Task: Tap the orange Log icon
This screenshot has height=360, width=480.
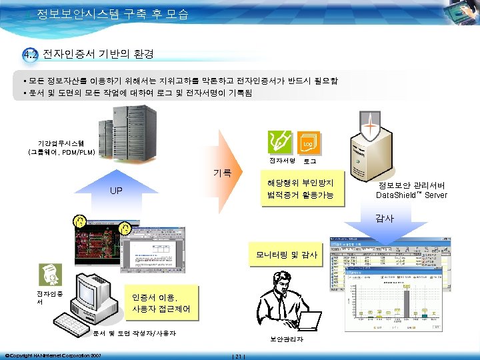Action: (x=309, y=143)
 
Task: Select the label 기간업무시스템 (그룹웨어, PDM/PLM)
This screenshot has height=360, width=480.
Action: (x=61, y=147)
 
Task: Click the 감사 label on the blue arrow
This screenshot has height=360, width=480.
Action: (x=384, y=218)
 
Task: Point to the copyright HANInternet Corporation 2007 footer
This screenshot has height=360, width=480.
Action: (x=53, y=355)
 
